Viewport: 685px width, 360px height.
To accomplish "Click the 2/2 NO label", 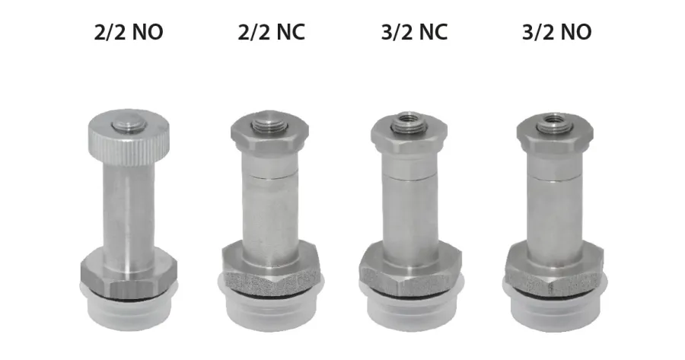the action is pyautogui.click(x=129, y=32).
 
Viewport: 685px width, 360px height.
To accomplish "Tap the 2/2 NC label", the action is pyautogui.click(x=271, y=32).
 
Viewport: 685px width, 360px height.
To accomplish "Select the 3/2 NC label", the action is pyautogui.click(x=414, y=32).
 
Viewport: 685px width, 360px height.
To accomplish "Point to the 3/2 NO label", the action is pyautogui.click(x=557, y=32).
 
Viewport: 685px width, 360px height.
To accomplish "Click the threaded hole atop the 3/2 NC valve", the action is pyautogui.click(x=409, y=119).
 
